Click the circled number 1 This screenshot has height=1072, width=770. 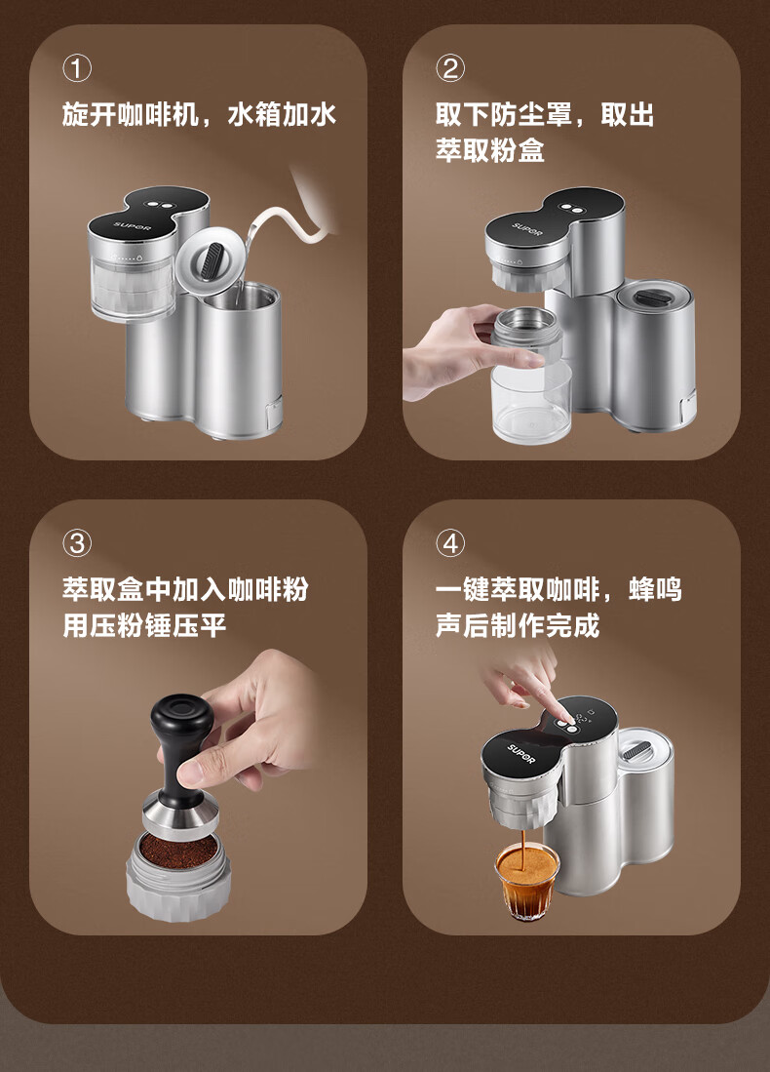click(77, 68)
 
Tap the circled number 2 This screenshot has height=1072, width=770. click(450, 68)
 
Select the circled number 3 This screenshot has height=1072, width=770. click(77, 543)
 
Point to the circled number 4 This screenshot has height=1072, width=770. click(450, 543)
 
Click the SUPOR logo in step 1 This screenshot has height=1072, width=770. click(133, 226)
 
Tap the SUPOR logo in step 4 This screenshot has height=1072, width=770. click(521, 753)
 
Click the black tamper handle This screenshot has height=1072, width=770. click(181, 745)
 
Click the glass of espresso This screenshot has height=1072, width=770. click(526, 881)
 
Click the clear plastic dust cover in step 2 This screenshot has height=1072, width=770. click(531, 400)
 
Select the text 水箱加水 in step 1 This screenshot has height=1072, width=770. click(282, 114)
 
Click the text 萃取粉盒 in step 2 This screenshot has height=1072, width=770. click(490, 149)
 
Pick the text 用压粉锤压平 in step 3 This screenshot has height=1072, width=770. click(144, 625)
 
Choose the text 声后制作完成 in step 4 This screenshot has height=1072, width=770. click(518, 625)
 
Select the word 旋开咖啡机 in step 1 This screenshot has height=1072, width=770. click(130, 114)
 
